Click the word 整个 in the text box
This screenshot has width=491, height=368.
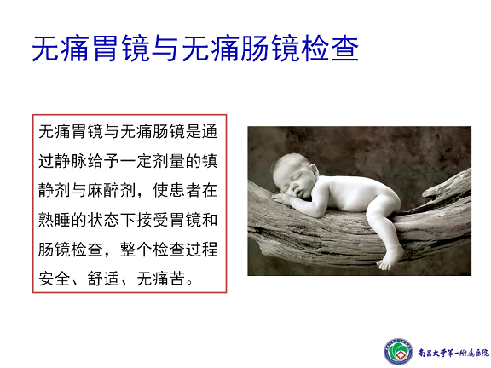[136, 249]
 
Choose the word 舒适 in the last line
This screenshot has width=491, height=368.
[103, 279]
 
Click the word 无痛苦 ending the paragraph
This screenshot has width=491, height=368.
[160, 279]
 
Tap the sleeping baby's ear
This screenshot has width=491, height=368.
[314, 171]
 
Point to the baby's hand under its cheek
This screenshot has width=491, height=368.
[283, 199]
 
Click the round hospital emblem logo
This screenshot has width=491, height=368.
[398, 352]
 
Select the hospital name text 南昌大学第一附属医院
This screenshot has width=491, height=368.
[453, 353]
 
